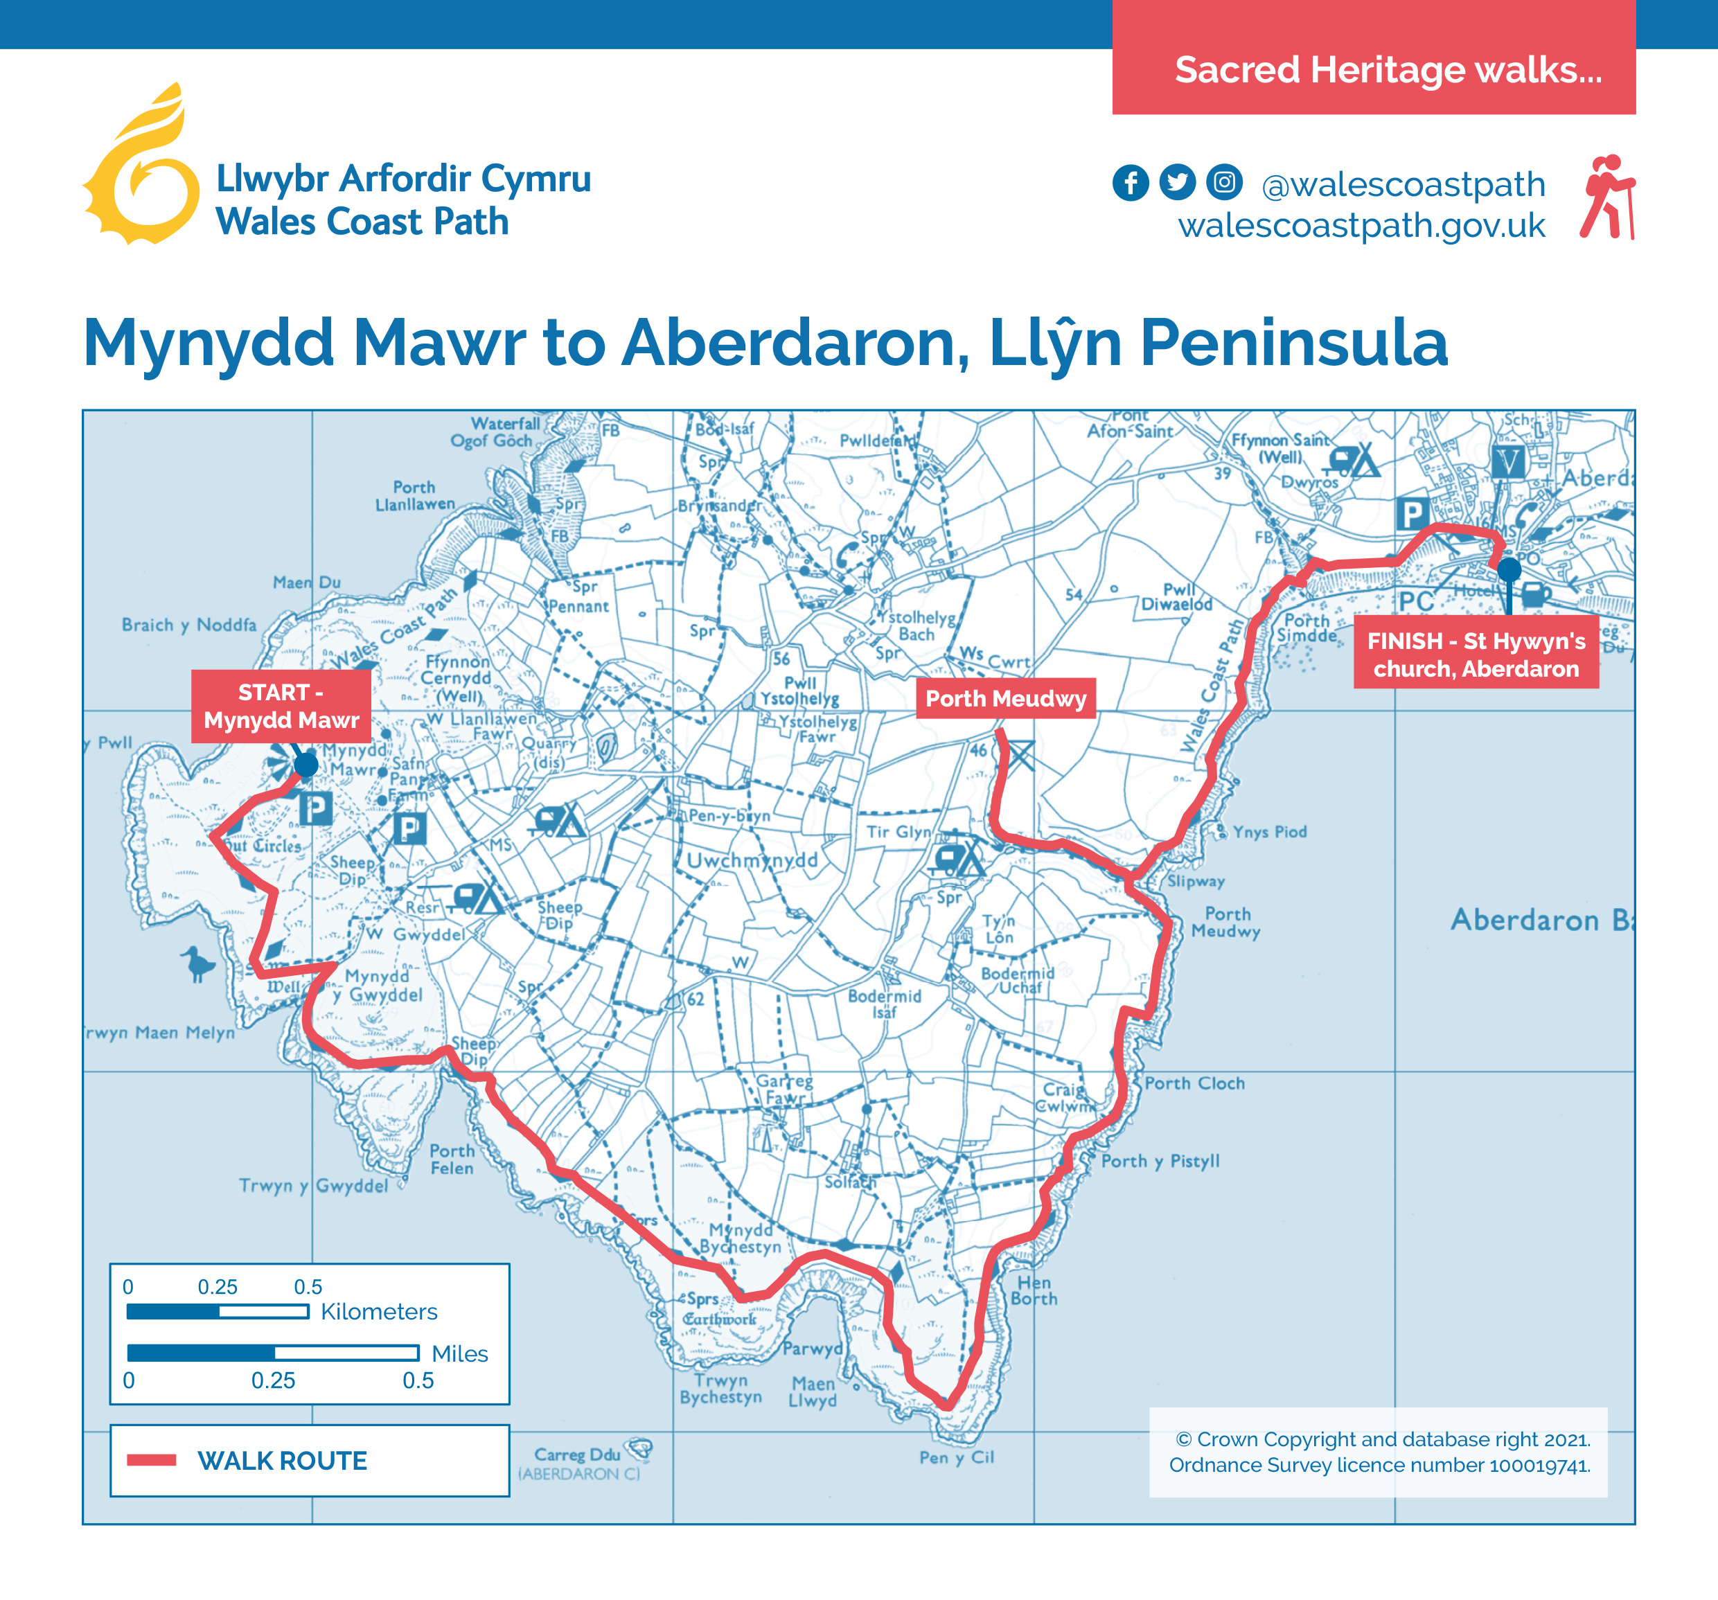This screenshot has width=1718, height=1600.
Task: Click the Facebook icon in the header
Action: (x=1131, y=182)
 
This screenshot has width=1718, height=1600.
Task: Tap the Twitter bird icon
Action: (x=1177, y=182)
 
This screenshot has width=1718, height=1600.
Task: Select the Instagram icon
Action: (x=1223, y=182)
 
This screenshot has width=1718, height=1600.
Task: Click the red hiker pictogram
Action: (x=1607, y=197)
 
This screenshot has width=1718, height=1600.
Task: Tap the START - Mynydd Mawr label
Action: (x=281, y=706)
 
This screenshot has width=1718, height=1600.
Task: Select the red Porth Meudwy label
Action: (x=1005, y=698)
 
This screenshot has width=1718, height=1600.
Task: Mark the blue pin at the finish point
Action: (x=1509, y=570)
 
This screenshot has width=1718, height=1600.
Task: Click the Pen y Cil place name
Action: (x=957, y=1457)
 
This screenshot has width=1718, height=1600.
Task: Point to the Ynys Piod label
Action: (x=1268, y=832)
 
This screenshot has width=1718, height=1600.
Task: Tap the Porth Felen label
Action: (x=452, y=1159)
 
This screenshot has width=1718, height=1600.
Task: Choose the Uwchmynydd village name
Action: (x=751, y=860)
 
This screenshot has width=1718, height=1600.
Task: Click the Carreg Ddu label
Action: (x=577, y=1454)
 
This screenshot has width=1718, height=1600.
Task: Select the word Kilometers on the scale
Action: (x=378, y=1311)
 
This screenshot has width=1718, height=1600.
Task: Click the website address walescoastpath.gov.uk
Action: (x=1361, y=226)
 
